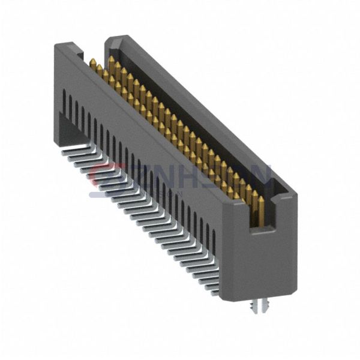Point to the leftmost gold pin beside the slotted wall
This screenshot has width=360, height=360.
click(93, 64)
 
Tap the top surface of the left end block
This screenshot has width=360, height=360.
click(66, 47)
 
